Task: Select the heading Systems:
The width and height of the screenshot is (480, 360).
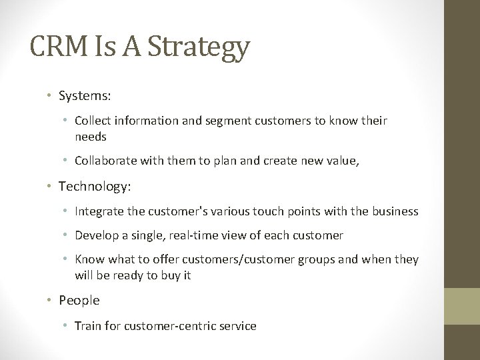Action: (x=85, y=97)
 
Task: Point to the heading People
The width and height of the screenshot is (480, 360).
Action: (x=79, y=301)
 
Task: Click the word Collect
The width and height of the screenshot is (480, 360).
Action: (x=93, y=121)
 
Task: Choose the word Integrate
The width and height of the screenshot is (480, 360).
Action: (x=99, y=211)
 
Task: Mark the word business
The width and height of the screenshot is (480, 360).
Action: (x=395, y=211)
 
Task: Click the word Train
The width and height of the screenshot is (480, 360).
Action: (x=87, y=326)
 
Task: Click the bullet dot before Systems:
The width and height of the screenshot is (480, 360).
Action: (x=51, y=97)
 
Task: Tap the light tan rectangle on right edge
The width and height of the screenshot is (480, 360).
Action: (x=463, y=307)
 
